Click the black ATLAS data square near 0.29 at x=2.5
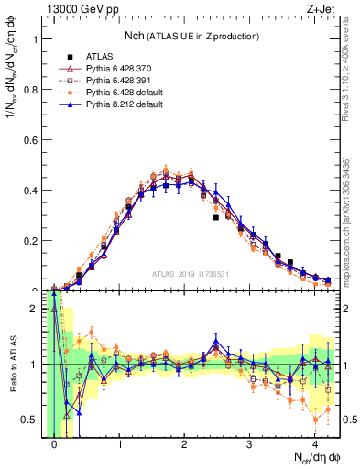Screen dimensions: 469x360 pos(216,218)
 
